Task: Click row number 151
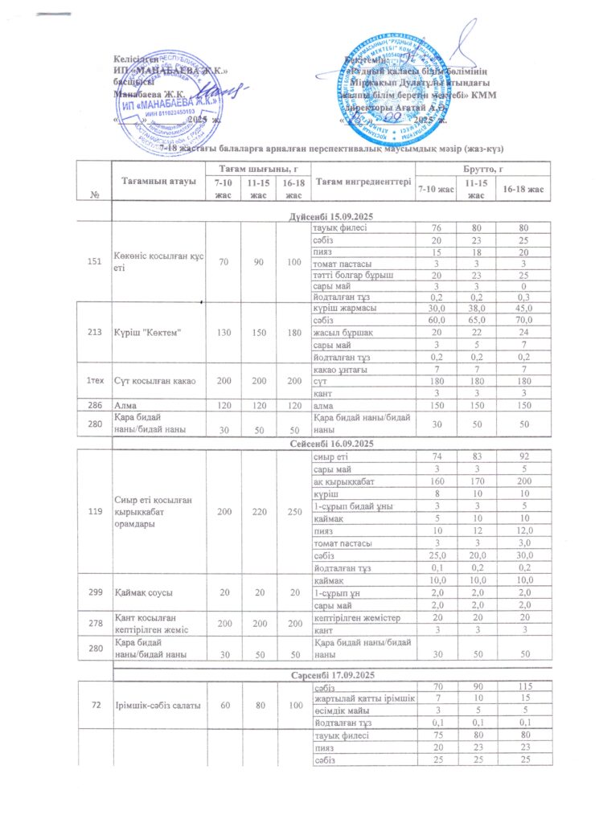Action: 93,262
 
